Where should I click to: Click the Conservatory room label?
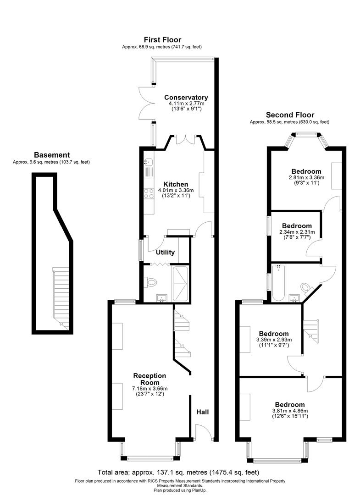click(186, 97)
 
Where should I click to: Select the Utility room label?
click(165, 252)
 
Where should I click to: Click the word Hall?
click(203, 412)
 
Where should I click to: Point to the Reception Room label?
click(150, 379)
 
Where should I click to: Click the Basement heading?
click(52, 155)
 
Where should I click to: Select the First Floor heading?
click(162, 40)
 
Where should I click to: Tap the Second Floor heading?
click(290, 115)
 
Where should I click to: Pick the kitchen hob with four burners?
click(149, 193)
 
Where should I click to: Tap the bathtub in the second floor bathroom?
click(278, 282)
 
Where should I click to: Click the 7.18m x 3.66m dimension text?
click(150, 389)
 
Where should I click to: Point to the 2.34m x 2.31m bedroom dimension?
click(297, 232)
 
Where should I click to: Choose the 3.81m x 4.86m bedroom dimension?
click(290, 411)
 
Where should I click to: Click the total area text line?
click(178, 472)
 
